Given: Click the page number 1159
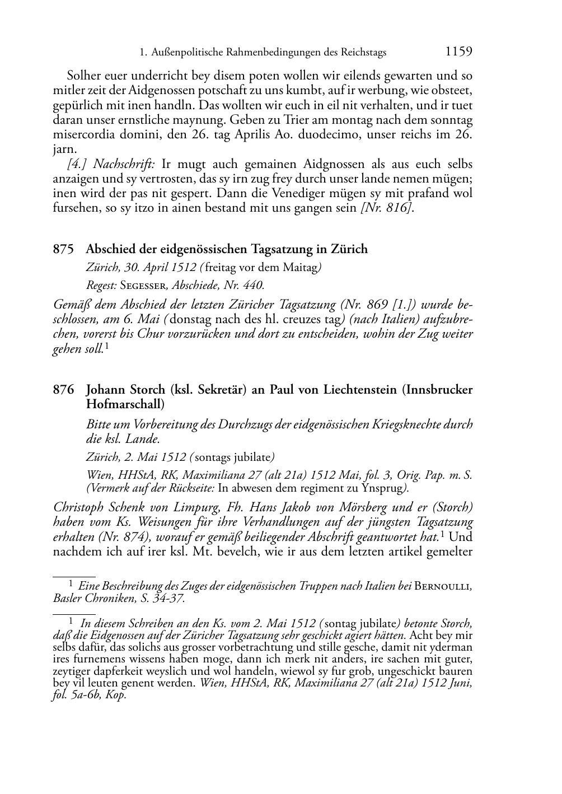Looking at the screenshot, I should (x=458, y=52).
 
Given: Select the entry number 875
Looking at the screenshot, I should (x=63, y=249).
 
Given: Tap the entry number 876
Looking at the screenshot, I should (x=63, y=390).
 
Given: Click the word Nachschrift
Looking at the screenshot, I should (x=127, y=164).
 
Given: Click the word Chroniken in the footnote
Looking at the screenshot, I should (x=109, y=598).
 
